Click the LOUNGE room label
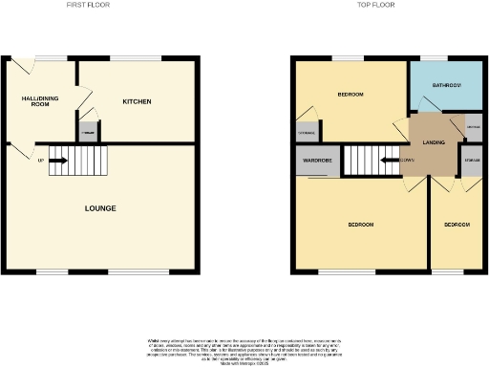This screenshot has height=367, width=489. tap(100, 208)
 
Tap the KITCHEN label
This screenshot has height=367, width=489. tap(137, 101)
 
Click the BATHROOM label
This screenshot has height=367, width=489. tap(446, 86)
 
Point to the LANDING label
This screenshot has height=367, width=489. tap(434, 141)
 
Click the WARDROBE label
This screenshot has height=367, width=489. tap(318, 161)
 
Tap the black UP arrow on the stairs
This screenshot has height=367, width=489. tap(56, 160)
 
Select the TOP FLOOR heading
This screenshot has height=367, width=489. tap(377, 6)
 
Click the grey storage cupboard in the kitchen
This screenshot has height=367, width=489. tap(88, 132)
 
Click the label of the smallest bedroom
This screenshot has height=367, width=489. tap(457, 225)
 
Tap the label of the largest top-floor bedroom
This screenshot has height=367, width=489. tap(360, 225)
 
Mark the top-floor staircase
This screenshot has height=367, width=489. tap(367, 160)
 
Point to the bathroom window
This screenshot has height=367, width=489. tap(435, 58)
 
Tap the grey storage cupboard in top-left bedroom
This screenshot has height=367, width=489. tap(307, 133)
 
